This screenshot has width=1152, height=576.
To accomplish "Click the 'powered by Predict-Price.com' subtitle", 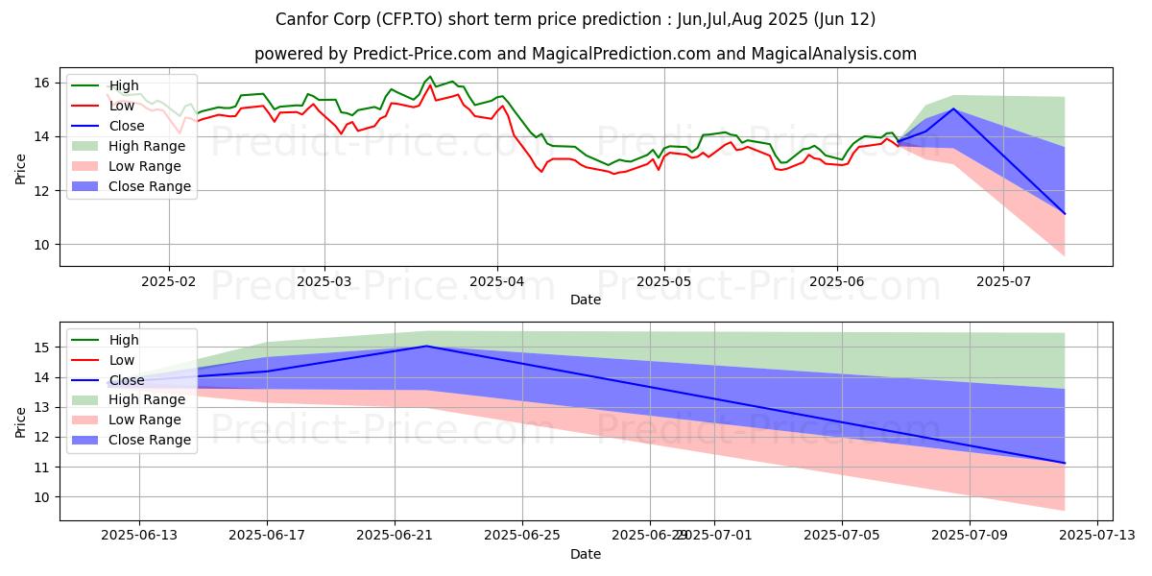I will [x=586, y=54].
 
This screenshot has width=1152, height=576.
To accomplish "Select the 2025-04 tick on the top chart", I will [x=496, y=282].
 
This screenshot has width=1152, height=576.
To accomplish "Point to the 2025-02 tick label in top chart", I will [x=169, y=282].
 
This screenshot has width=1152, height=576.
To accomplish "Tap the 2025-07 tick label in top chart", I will [x=1003, y=282].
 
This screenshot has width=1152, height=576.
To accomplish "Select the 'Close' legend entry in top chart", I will [x=127, y=126].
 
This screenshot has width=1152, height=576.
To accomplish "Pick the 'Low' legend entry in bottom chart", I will [x=123, y=360].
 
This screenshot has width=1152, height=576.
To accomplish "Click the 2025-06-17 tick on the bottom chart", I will [x=267, y=535].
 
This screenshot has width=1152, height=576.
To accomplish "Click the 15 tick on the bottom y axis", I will [x=44, y=348].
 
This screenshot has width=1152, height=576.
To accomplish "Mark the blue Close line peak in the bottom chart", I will [x=426, y=346].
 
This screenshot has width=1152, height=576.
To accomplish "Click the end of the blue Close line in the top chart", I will [x=1065, y=214].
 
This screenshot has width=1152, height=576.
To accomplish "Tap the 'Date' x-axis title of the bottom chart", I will [x=586, y=554].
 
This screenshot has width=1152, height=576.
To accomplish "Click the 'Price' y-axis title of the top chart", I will [x=21, y=168].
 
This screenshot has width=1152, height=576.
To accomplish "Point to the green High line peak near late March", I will [x=430, y=77].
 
